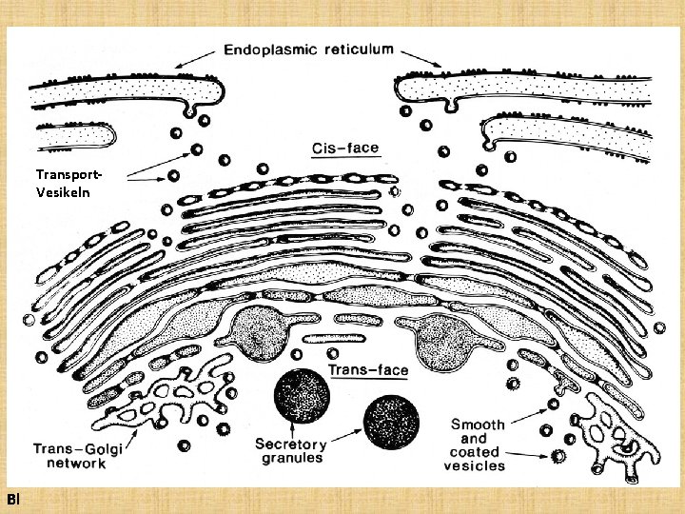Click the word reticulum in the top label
357,50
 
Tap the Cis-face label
344,148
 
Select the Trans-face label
368,369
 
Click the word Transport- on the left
68,174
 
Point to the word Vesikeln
62,190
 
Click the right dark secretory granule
391,420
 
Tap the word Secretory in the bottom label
291,445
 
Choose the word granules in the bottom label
291,458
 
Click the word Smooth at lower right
478,425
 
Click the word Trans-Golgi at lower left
78,448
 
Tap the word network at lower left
77,464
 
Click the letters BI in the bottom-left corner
11,499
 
